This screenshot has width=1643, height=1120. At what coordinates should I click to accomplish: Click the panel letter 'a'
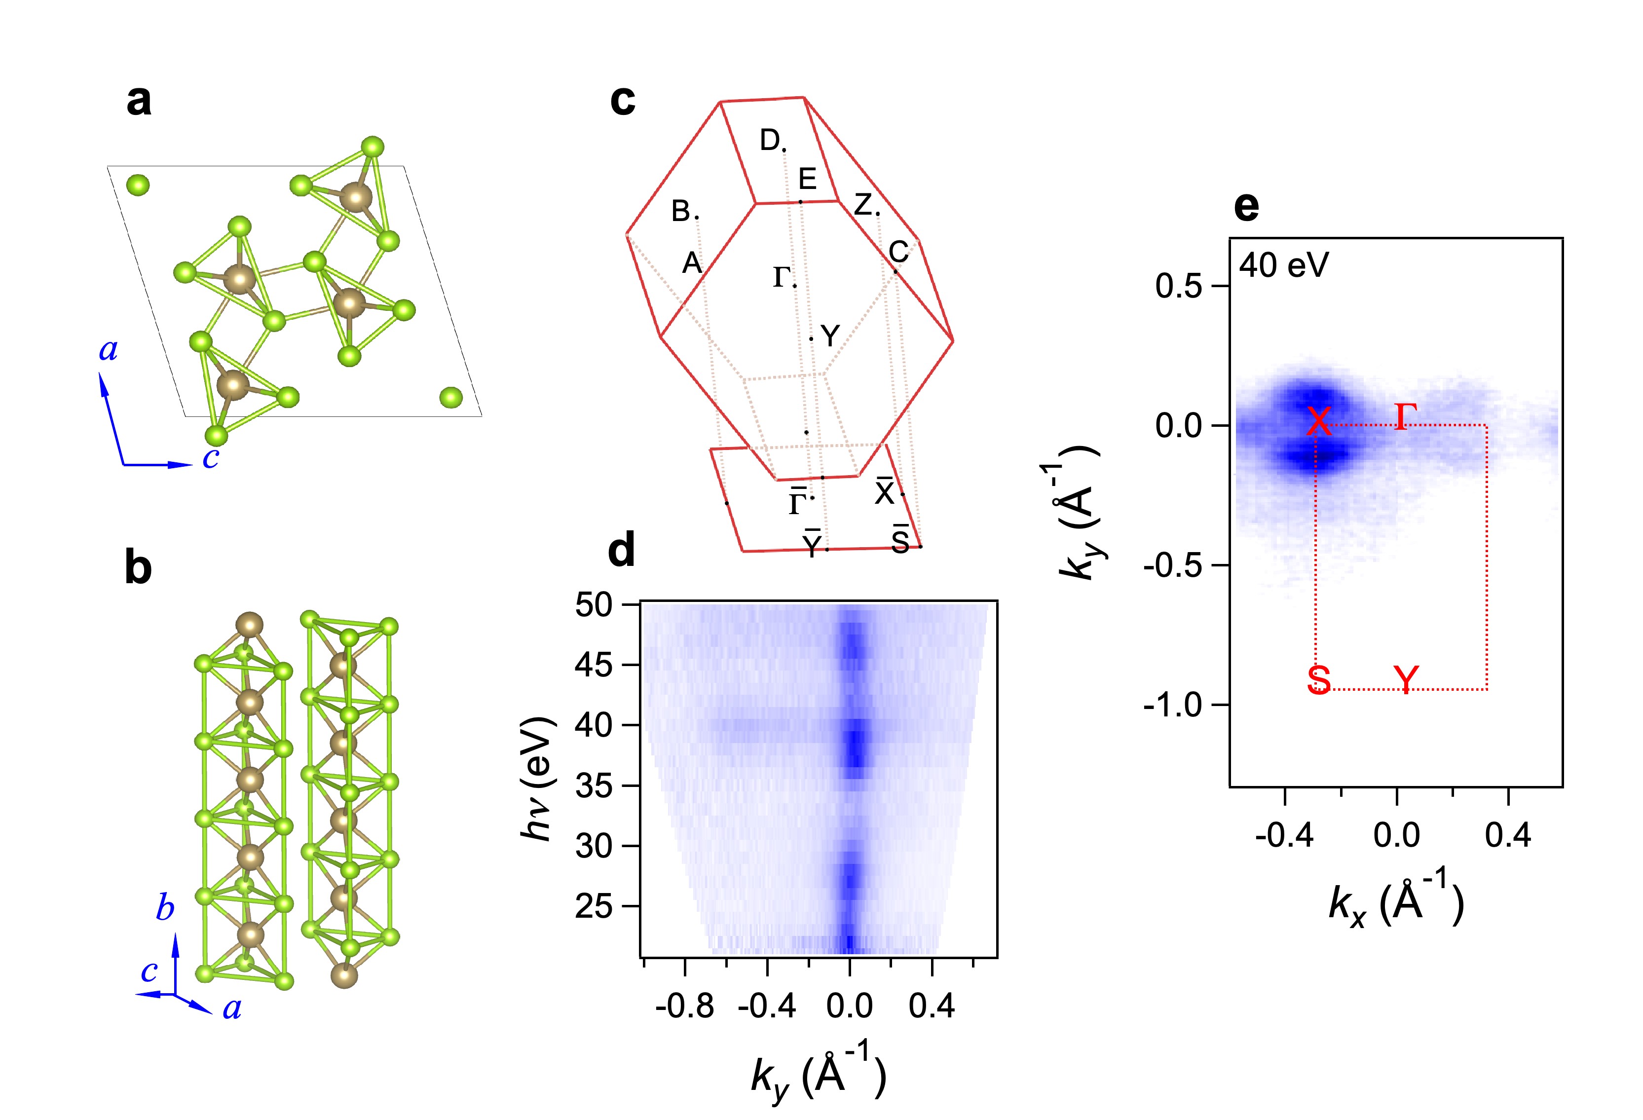139,101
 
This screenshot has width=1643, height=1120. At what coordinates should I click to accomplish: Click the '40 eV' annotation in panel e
1284,266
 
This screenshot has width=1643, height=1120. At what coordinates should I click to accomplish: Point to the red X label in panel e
1318,421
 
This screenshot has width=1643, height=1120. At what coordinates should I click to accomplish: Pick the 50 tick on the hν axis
594,605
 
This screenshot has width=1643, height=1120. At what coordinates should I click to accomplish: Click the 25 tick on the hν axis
594,906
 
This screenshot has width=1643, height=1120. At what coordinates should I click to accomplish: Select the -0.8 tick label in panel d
684,1006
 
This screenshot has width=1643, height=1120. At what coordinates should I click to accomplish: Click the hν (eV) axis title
537,778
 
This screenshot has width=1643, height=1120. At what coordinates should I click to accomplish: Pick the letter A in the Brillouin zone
691,264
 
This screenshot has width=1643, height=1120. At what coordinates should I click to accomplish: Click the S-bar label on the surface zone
900,540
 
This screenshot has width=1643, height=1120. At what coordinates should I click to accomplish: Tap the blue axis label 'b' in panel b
165,907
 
